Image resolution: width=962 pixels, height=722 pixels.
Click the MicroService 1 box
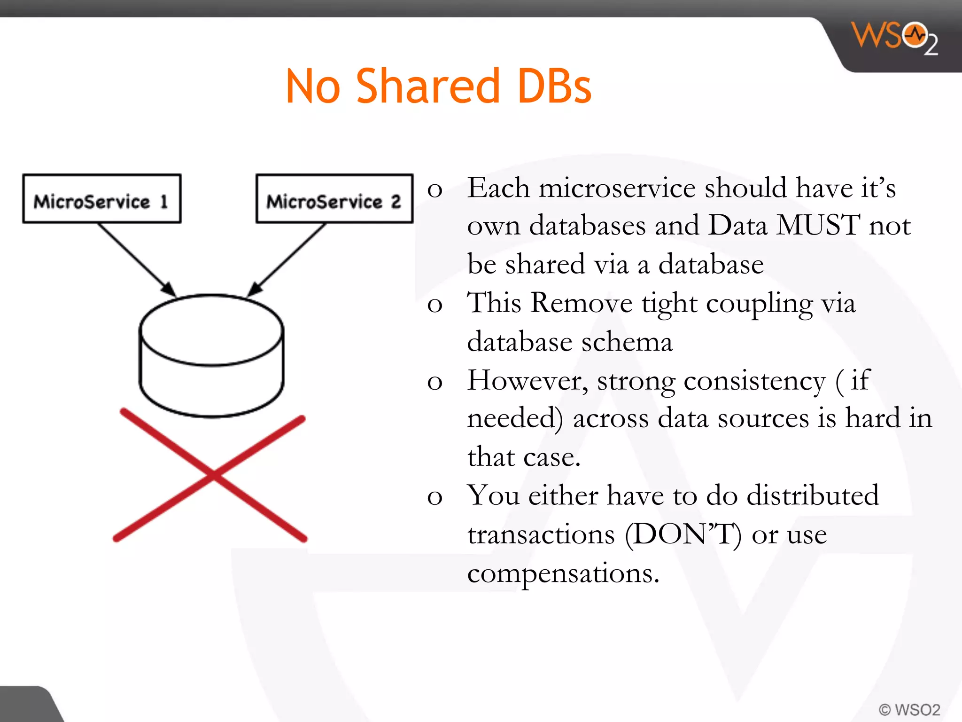coord(101,199)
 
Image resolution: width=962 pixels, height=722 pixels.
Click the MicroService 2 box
coord(334,199)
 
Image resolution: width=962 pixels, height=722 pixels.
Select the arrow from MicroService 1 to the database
coord(136,259)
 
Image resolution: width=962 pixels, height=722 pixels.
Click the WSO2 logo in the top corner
coord(895,38)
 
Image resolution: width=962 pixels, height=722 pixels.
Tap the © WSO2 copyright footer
coord(909,709)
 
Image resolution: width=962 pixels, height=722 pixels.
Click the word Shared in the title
coord(427,86)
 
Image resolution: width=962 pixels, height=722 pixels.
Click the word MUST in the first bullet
coord(818,225)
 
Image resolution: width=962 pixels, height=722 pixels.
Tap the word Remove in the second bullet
coord(582,303)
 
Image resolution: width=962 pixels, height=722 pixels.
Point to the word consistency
coord(754,381)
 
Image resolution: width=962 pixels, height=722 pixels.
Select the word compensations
coord(563,573)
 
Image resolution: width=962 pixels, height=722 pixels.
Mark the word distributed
coord(812,495)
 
